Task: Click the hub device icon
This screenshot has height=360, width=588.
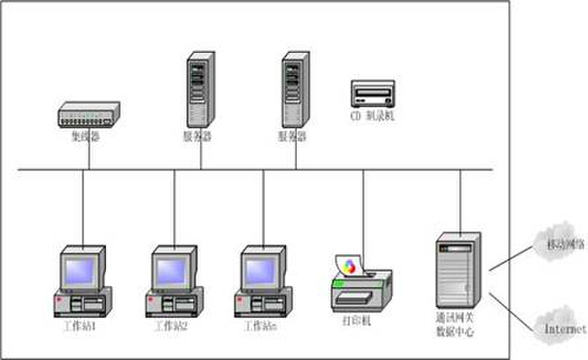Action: pyautogui.click(x=88, y=114)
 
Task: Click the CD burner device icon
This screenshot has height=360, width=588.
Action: pyautogui.click(x=372, y=93)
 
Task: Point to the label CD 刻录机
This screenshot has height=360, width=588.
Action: pyautogui.click(x=372, y=116)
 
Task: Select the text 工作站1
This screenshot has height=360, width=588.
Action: pyautogui.click(x=81, y=326)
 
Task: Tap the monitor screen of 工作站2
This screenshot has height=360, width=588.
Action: pyautogui.click(x=171, y=269)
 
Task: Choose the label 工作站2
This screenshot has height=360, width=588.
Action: pyautogui.click(x=171, y=326)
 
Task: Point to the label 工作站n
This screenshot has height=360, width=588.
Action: pyautogui.click(x=260, y=326)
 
